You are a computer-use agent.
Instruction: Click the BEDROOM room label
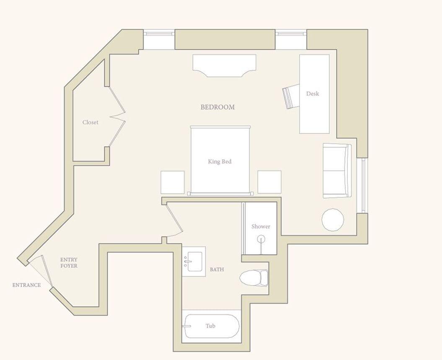coord(217,107)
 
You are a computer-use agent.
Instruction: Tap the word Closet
coord(90,122)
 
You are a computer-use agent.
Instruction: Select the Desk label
coord(313,94)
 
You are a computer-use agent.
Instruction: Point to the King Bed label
coord(220,162)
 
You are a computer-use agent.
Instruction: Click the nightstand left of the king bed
coord(173,182)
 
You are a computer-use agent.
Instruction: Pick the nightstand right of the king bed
coord(269,182)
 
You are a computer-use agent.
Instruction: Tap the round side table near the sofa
coord(333,220)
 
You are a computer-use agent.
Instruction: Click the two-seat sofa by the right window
coord(336,171)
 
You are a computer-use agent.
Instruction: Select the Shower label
coord(261,227)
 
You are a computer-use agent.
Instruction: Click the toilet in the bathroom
coord(254,277)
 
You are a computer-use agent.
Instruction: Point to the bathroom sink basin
coord(194,261)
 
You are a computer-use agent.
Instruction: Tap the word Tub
coord(210,326)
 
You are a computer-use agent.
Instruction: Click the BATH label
coord(217,269)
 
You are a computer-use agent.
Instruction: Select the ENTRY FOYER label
coord(69,263)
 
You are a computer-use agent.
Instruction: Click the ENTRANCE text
coord(26,285)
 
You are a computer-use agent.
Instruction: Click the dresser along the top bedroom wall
coord(224,65)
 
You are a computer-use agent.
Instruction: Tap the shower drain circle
coord(261,239)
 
